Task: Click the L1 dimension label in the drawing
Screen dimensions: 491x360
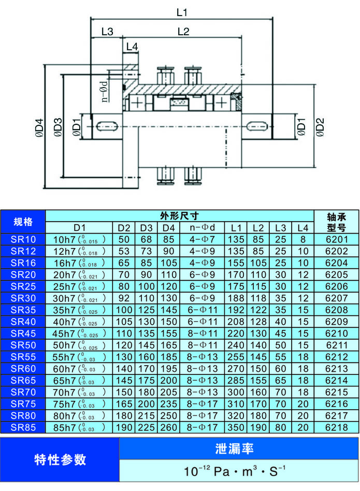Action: (x=181, y=11)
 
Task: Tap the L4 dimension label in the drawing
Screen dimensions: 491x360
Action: (x=132, y=47)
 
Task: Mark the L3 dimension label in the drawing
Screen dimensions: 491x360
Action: (x=107, y=31)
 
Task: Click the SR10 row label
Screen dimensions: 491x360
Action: (x=23, y=239)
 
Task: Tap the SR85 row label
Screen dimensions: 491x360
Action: (x=23, y=427)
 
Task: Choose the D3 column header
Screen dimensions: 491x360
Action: (x=146, y=228)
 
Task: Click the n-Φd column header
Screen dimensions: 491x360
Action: (x=202, y=228)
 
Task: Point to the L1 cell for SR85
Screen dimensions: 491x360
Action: (x=236, y=427)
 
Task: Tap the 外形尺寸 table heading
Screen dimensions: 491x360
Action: (x=180, y=216)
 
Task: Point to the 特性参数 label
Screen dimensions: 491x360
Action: (x=60, y=460)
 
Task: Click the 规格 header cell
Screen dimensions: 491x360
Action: (x=23, y=222)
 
